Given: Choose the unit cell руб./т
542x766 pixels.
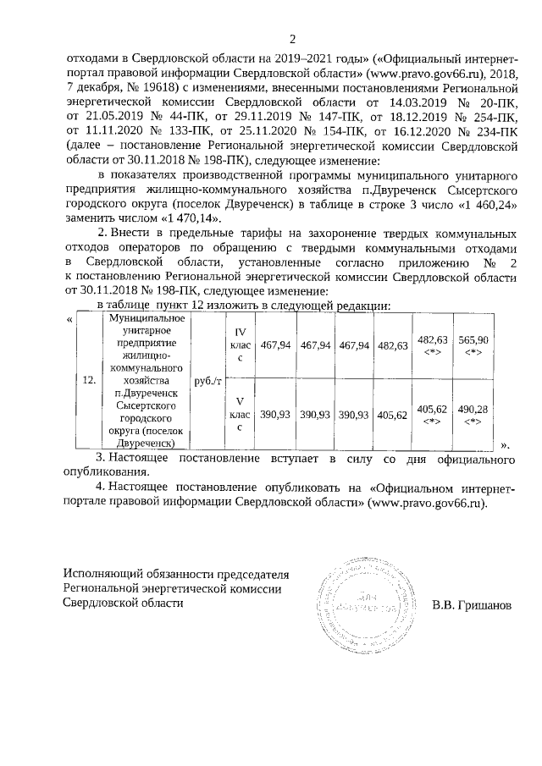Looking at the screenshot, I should tap(207, 381).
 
